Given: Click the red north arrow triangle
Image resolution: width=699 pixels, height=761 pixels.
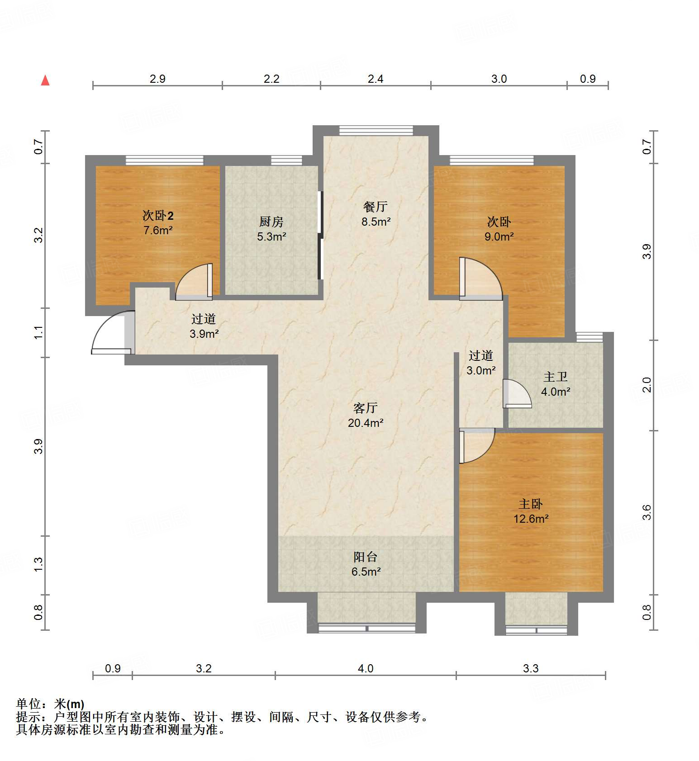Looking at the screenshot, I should click(45, 80).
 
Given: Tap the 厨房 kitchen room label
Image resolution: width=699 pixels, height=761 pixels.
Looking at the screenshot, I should click(271, 222).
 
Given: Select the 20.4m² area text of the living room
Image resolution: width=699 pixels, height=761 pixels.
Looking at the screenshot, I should click(366, 423).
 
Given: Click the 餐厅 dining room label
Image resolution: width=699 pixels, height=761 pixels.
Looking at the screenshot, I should click(375, 207).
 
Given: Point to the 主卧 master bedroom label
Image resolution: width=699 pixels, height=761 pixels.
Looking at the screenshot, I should click(530, 504).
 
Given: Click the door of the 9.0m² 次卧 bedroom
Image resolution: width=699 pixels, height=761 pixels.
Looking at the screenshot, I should click(480, 278).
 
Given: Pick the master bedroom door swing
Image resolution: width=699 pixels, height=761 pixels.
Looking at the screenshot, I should click(476, 445).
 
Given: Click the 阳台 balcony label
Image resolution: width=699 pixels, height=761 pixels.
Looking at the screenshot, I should click(365, 557).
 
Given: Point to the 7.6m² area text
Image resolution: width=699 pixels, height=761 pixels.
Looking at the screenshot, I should click(158, 230).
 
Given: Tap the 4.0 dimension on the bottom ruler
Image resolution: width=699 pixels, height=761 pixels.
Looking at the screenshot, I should click(366, 668).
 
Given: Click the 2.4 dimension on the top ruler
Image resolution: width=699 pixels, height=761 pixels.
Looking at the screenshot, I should click(375, 79).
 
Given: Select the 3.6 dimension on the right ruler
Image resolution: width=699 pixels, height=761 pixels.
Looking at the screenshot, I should click(647, 512).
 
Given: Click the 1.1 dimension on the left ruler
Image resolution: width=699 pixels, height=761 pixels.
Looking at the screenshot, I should click(39, 332).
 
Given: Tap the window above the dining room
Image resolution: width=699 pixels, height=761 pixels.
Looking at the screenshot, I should click(376, 130).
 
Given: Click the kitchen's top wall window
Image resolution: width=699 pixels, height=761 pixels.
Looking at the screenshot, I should click(286, 160).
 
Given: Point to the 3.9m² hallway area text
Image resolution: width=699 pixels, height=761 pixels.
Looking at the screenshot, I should click(204, 334).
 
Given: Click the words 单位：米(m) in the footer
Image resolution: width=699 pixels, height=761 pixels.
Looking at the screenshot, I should click(50, 704).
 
